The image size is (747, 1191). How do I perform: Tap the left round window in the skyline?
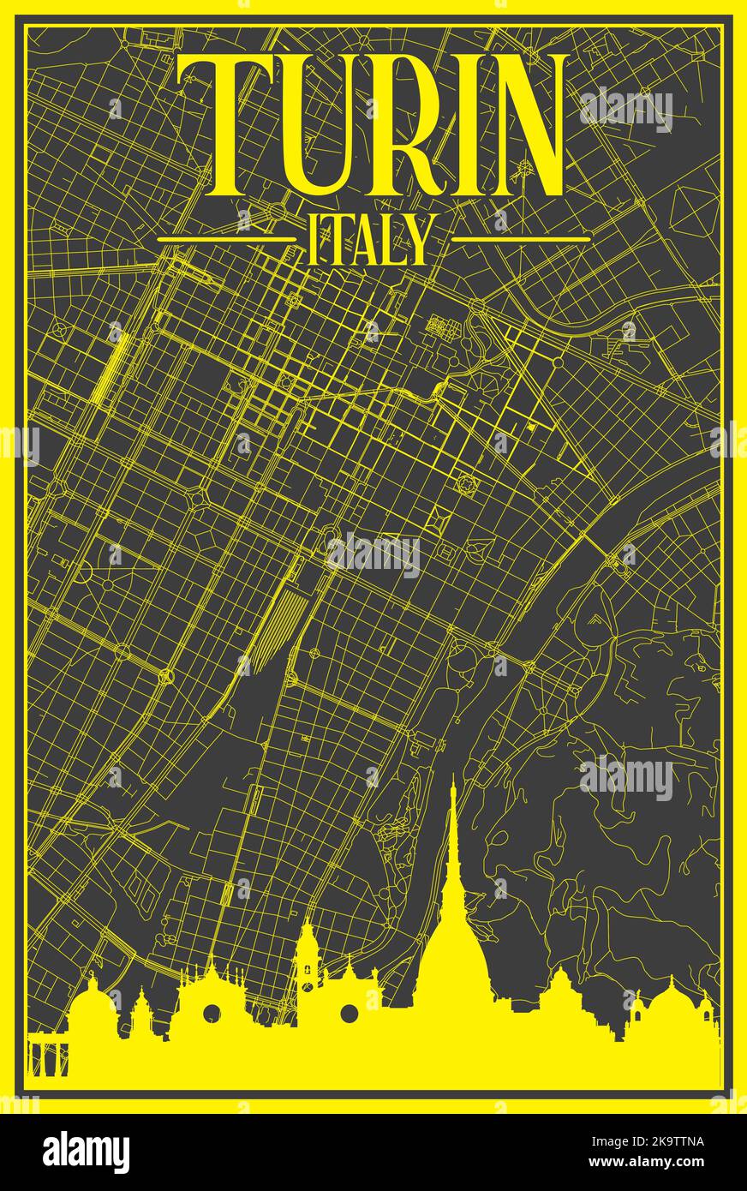click(x=212, y=1014)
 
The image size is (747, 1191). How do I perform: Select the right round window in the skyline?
click(x=349, y=1014)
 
